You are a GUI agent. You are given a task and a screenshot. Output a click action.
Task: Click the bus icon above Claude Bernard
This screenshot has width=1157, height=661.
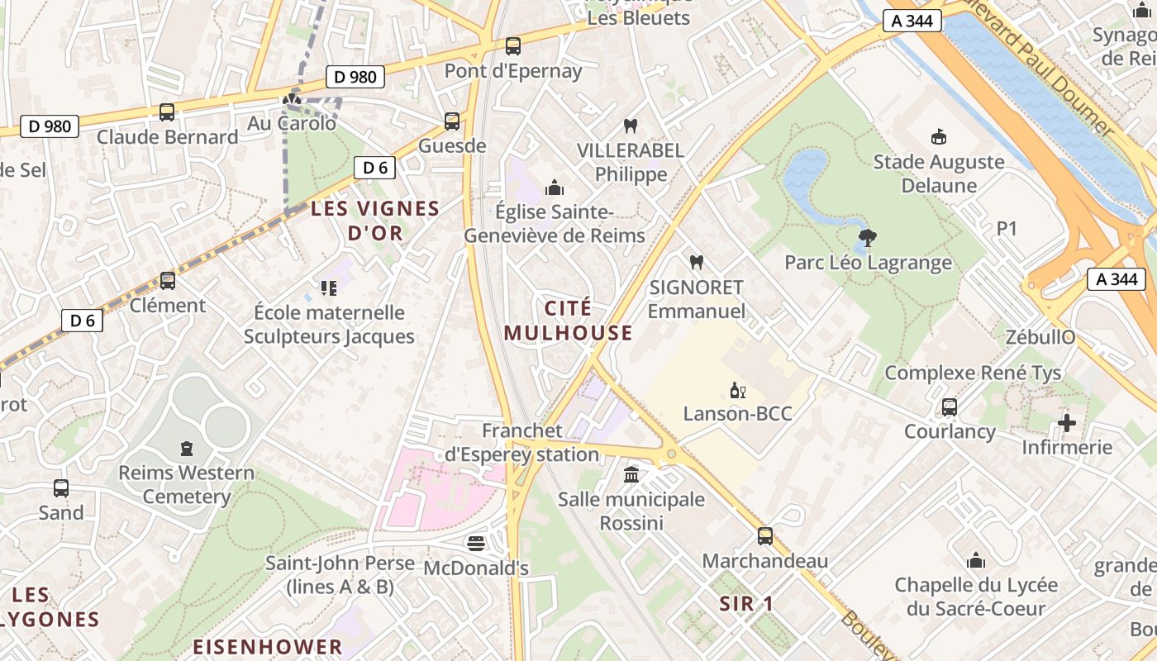coord(167,112)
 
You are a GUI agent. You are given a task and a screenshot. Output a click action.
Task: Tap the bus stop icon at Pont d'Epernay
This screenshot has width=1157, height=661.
coord(513,46)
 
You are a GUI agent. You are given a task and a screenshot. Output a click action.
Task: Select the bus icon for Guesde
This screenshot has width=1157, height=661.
coord(452,121)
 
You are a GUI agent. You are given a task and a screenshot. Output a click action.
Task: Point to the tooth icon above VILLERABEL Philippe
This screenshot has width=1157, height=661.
coord(631,126)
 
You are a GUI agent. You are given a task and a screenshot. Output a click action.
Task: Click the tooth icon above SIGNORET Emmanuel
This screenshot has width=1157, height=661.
coord(696,263)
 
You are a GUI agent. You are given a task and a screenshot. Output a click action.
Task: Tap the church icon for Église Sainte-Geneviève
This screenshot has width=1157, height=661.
coord(555,188)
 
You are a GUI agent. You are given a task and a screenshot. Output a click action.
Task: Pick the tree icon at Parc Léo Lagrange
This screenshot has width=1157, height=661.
coord(867,239)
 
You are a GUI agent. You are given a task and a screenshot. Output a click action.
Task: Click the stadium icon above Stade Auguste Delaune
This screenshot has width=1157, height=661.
coord(938,137)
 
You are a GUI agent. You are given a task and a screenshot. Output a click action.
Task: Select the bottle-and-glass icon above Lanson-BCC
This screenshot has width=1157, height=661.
coord(737,390)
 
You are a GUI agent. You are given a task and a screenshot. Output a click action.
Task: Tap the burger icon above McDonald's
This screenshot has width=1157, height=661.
coord(475,544)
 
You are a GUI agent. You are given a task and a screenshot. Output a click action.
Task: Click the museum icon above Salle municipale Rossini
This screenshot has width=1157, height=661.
coord(631,475)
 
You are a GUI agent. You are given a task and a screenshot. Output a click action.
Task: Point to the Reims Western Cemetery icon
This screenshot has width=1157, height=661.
coord(187,449)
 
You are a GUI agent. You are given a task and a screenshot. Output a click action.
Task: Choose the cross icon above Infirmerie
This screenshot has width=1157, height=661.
coord(1067,424)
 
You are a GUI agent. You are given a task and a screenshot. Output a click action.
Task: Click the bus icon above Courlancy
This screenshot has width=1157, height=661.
coord(949,407)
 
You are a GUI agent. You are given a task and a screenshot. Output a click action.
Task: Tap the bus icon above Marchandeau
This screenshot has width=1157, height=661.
coord(765,536)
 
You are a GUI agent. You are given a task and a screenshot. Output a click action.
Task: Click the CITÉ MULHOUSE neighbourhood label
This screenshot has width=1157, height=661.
coord(568,321)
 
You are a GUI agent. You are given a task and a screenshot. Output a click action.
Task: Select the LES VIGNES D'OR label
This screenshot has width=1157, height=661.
coord(375,221)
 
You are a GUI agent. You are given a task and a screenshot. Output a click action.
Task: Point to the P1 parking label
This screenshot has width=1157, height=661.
coord(1007,229)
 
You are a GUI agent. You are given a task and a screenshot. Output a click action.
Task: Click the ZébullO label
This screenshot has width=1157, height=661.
coord(1040,337)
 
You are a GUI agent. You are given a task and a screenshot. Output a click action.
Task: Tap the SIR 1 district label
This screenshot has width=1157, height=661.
coord(746,604)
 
